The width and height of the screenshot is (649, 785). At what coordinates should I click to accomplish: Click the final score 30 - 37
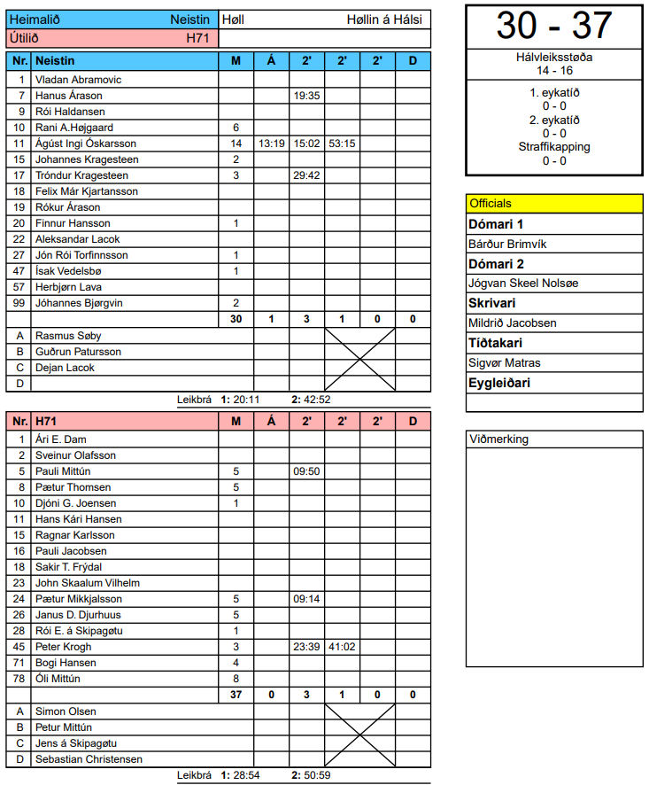[x=554, y=26]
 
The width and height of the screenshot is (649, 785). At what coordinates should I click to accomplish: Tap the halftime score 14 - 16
[x=554, y=70]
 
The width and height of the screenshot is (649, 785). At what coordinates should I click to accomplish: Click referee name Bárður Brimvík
[x=504, y=244]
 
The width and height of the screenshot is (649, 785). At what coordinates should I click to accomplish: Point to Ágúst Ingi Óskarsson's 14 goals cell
[x=236, y=144]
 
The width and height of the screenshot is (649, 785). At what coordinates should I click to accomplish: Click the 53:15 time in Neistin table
[x=342, y=144]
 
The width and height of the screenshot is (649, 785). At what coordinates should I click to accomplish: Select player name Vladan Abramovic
[x=78, y=80]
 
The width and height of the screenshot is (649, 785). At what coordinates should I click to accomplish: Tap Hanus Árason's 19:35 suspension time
[x=306, y=96]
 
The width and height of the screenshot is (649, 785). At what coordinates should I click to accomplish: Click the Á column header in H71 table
[x=271, y=422]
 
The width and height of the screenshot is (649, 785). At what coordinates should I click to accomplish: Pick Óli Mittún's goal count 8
[x=236, y=679]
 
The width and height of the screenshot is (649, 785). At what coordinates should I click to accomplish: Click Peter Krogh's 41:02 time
[x=342, y=647]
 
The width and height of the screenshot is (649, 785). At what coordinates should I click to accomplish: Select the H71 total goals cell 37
[x=236, y=695]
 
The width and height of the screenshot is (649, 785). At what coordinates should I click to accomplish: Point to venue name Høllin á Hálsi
[x=384, y=19]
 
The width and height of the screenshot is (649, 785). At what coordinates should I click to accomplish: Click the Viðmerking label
[x=499, y=439]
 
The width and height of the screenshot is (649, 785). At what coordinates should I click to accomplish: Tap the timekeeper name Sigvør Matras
[x=504, y=363]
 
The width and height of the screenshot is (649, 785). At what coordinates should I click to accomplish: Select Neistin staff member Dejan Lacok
[x=66, y=368]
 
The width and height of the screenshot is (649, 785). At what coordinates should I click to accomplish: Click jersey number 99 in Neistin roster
[x=19, y=303]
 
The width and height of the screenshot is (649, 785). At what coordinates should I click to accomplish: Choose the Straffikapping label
[x=554, y=147]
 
